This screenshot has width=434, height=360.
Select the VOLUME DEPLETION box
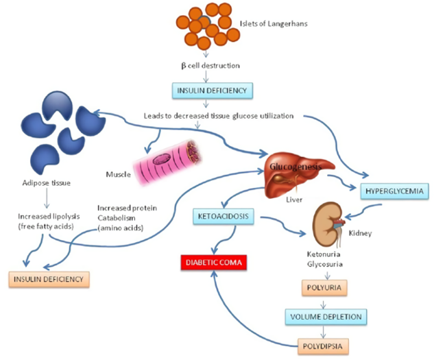[x=326, y=317]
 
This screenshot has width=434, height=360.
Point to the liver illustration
[x=295, y=175]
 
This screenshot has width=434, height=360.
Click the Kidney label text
[x=360, y=234]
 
